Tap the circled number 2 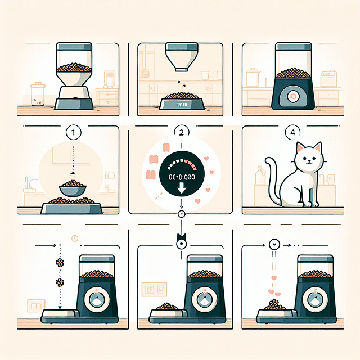[181, 133]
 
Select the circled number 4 [290, 133]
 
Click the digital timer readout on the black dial [180, 176]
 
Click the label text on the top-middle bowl [180, 105]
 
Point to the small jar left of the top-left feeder [38, 94]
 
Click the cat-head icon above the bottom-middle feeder [180, 242]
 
